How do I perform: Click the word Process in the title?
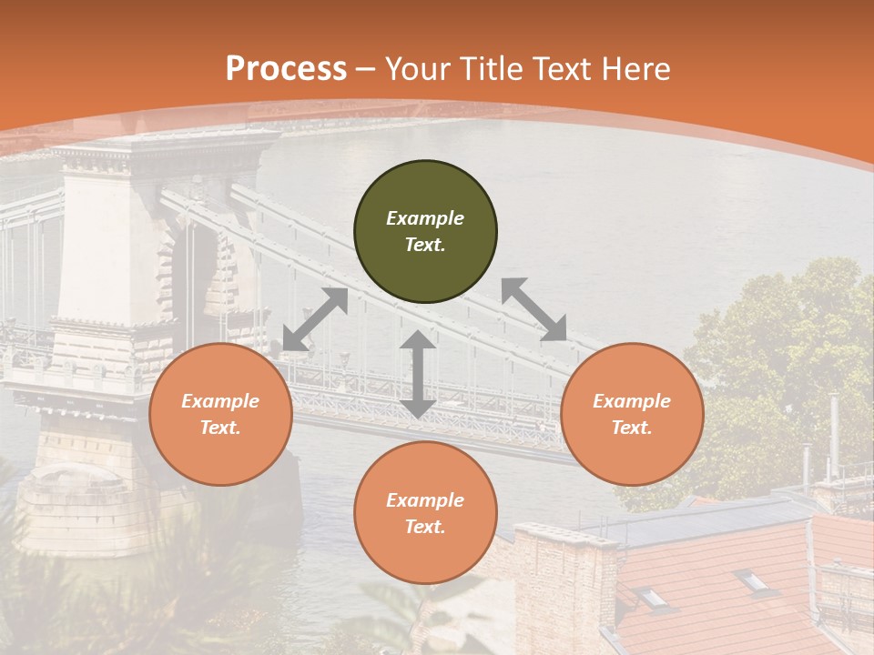286,69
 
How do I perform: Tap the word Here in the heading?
635,69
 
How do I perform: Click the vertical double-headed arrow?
418,374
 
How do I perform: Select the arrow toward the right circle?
534,309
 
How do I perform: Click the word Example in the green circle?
425,218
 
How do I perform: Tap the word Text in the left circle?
220,428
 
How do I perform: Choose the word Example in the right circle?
632,401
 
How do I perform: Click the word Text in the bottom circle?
425,527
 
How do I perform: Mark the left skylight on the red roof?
651,597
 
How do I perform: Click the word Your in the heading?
418,69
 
